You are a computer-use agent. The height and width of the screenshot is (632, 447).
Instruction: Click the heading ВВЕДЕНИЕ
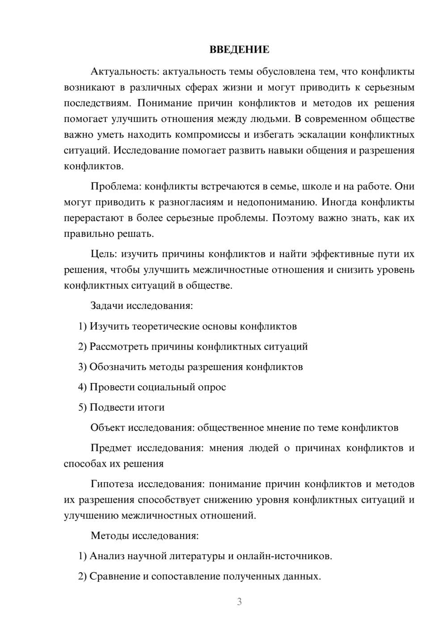tap(239, 50)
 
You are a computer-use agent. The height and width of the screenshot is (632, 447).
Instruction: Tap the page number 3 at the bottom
tap(239, 602)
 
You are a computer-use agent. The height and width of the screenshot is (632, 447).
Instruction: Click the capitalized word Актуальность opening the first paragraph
tap(124, 72)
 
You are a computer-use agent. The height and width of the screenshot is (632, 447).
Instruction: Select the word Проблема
tap(116, 186)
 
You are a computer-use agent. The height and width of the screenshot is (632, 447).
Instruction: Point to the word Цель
tap(103, 254)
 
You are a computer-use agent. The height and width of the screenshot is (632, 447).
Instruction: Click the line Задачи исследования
tap(142, 306)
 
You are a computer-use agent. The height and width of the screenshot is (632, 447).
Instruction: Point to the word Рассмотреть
tap(118, 346)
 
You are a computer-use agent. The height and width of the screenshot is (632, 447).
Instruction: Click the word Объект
tap(107, 428)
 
